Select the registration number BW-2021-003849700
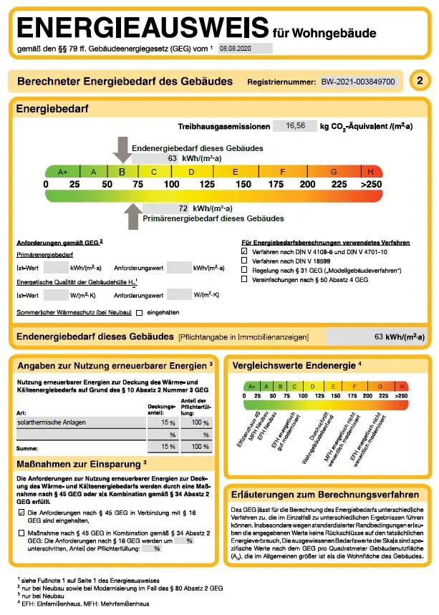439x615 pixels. click(x=358, y=82)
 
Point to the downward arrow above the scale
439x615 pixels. click(x=121, y=149)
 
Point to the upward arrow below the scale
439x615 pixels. click(x=132, y=216)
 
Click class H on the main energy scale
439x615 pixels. click(x=370, y=172)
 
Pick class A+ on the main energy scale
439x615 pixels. click(x=62, y=172)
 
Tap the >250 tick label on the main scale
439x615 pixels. click(x=371, y=185)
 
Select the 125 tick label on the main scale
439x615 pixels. click(x=206, y=185)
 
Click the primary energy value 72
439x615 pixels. click(x=183, y=208)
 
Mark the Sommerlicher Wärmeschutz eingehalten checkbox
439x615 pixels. click(x=140, y=312)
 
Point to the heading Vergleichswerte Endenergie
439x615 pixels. click(x=294, y=366)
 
